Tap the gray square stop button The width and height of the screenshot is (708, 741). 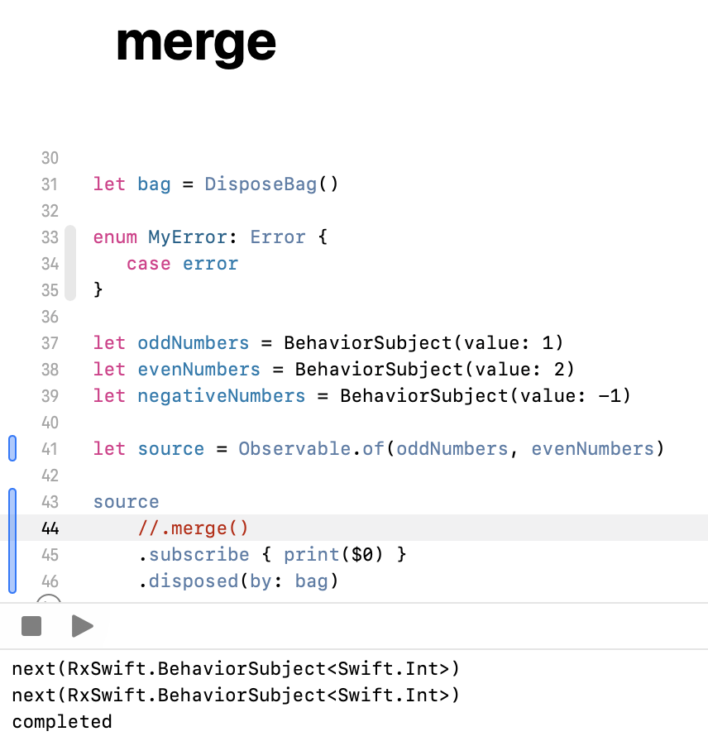point(31,626)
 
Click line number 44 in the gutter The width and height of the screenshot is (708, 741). point(50,528)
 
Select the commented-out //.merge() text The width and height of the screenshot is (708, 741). point(194,528)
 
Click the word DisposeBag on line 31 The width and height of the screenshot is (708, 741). point(261,184)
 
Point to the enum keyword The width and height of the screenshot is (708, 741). point(115,237)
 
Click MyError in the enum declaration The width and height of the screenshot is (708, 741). point(188,237)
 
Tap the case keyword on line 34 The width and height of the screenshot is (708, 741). point(149,264)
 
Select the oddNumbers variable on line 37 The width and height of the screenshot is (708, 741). point(193,343)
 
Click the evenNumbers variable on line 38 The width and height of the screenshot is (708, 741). point(199,370)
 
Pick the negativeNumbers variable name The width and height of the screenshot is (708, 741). point(221,396)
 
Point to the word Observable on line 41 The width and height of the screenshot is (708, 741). point(294,449)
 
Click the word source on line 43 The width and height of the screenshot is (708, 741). point(126,502)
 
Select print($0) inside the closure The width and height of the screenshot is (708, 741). point(333,555)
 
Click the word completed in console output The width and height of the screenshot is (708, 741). point(62,722)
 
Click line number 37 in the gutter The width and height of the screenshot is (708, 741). point(50,343)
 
